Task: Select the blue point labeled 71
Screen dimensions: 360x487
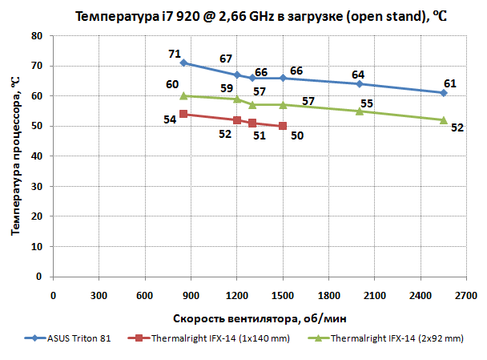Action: pos(183,63)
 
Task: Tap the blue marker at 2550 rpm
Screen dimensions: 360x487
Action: pos(443,93)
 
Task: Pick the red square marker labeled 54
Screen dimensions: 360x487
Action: pos(183,114)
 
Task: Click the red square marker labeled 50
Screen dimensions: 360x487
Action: pos(283,126)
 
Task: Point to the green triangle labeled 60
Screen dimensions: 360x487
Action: pos(183,95)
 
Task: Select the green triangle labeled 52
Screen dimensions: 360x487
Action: pos(443,119)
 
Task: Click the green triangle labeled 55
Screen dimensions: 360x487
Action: pos(359,111)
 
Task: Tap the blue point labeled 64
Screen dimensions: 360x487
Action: pos(359,83)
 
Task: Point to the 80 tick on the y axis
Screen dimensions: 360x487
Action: pos(38,36)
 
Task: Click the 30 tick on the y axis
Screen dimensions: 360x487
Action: pos(38,186)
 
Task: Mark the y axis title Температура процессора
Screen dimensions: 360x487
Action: pos(14,156)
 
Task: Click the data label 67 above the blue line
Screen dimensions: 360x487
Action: pos(226,59)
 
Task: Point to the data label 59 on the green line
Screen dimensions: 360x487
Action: pos(227,88)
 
